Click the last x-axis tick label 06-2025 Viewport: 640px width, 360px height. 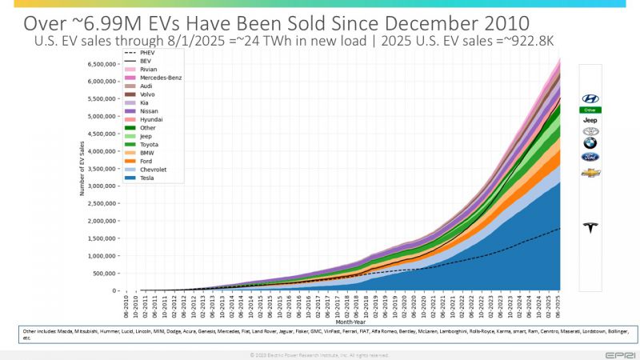[x=558, y=307]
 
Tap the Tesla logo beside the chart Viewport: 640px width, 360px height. [x=591, y=228]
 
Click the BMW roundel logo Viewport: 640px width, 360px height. [x=590, y=144]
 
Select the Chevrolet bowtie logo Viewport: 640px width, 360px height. [x=590, y=172]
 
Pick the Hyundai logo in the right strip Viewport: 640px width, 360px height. [x=590, y=98]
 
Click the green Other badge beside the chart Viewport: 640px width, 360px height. [x=590, y=109]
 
